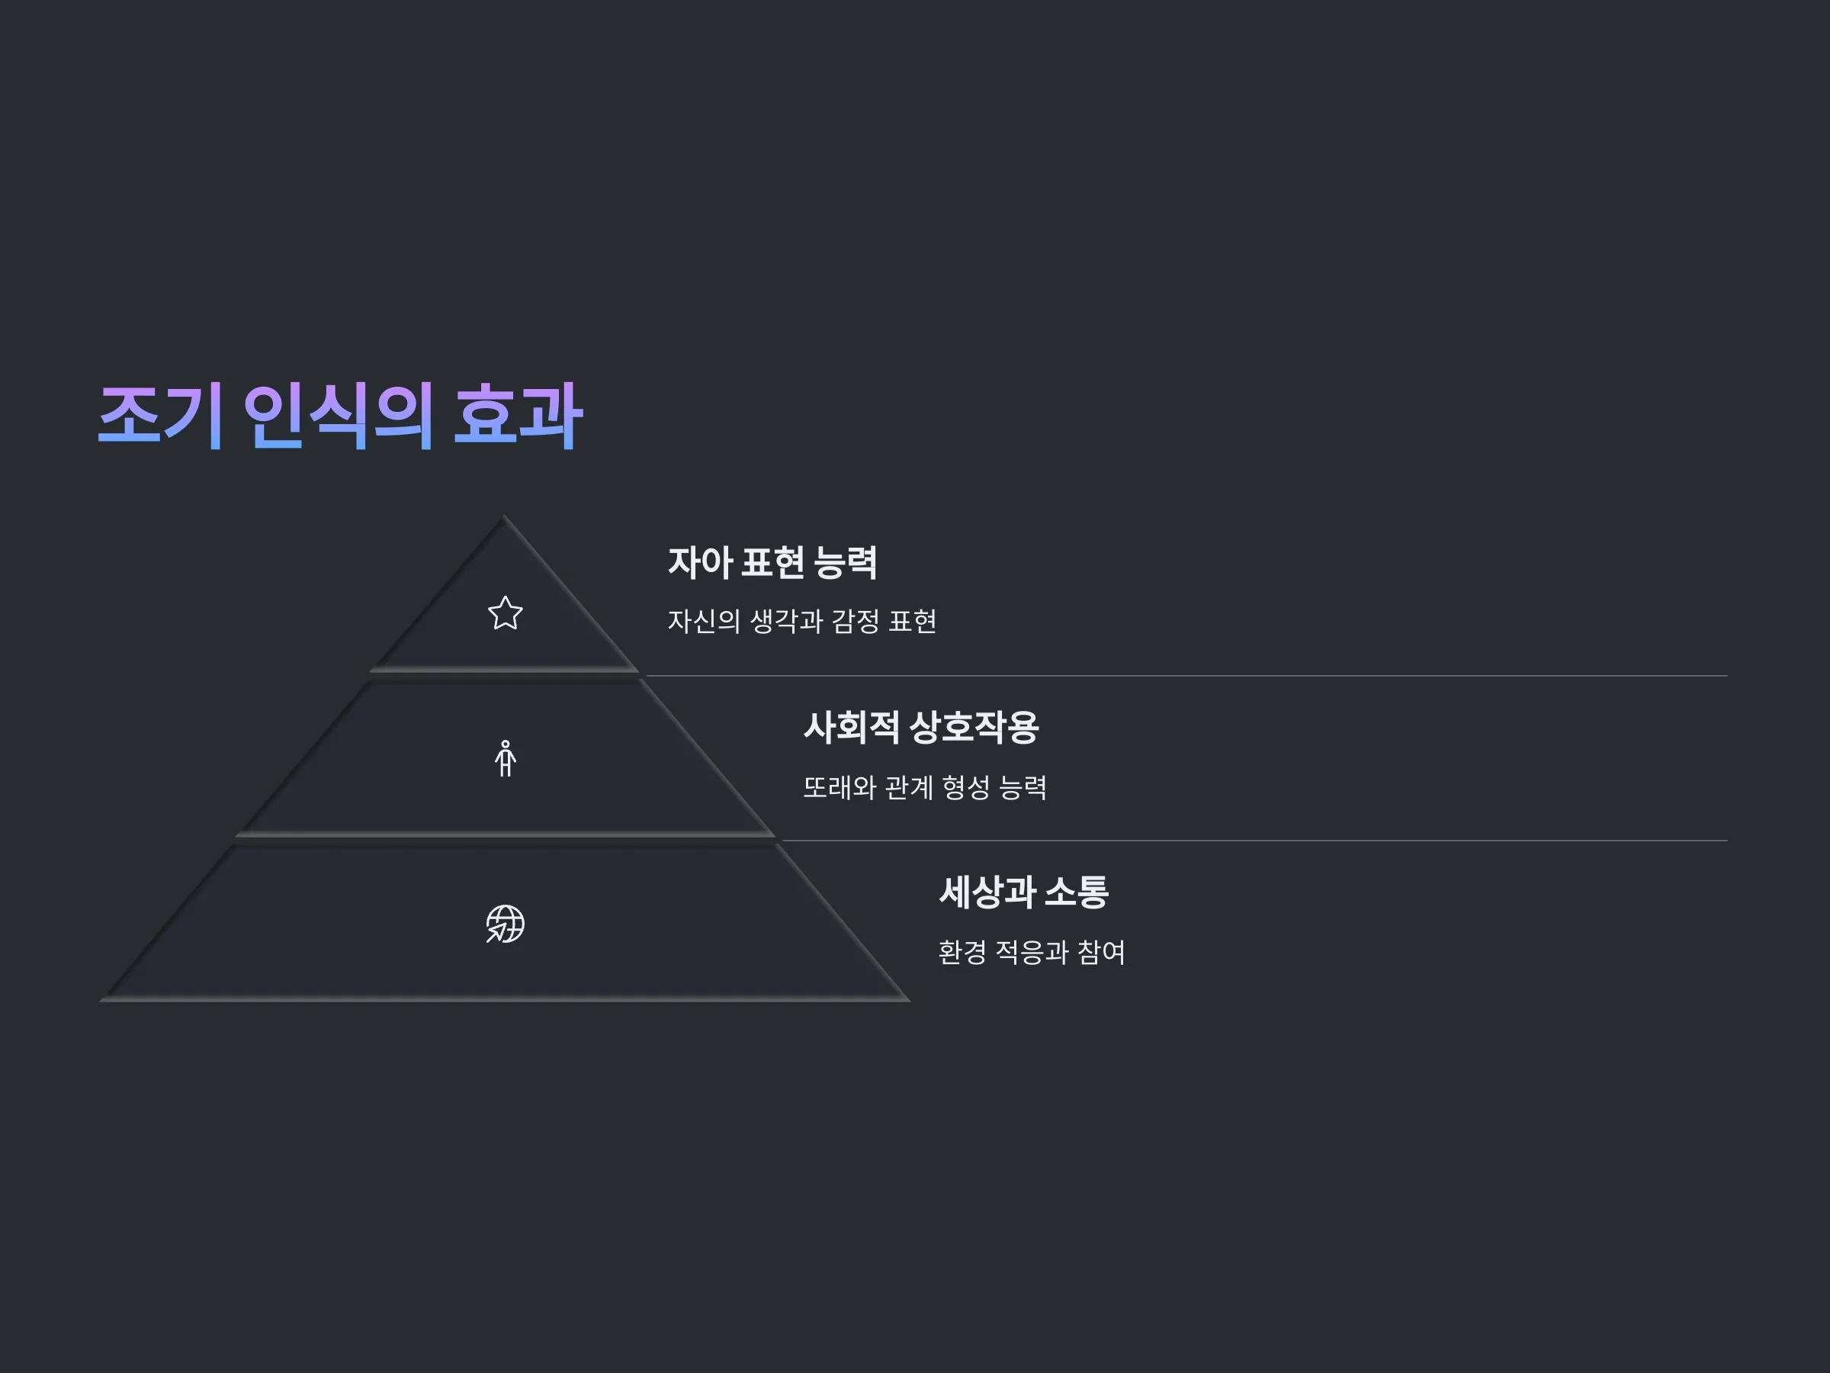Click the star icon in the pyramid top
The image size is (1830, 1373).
pos(505,614)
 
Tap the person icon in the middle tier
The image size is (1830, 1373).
pos(506,758)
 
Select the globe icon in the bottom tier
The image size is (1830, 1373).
pos(506,924)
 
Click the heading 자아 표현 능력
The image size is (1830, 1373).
pos(772,563)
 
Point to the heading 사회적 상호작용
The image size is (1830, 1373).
pos(921,728)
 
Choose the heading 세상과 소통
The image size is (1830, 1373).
pos(1023,892)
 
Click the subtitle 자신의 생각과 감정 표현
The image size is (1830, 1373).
pos(801,622)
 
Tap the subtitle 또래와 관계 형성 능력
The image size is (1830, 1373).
pos(925,787)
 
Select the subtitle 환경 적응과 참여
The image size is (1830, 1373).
pos(1032,952)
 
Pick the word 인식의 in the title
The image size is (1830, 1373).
pos(339,416)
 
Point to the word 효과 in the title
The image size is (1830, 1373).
pos(518,416)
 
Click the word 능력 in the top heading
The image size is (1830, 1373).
pos(845,563)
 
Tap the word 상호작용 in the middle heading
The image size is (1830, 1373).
pos(974,728)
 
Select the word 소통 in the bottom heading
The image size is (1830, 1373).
pos(1077,892)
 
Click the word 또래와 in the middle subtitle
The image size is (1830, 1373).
pos(839,787)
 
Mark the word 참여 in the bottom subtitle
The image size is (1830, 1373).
pos(1101,952)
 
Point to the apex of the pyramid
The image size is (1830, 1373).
pos(504,516)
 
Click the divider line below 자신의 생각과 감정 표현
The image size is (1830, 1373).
pos(1186,675)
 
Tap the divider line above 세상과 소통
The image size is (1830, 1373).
pos(1254,841)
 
